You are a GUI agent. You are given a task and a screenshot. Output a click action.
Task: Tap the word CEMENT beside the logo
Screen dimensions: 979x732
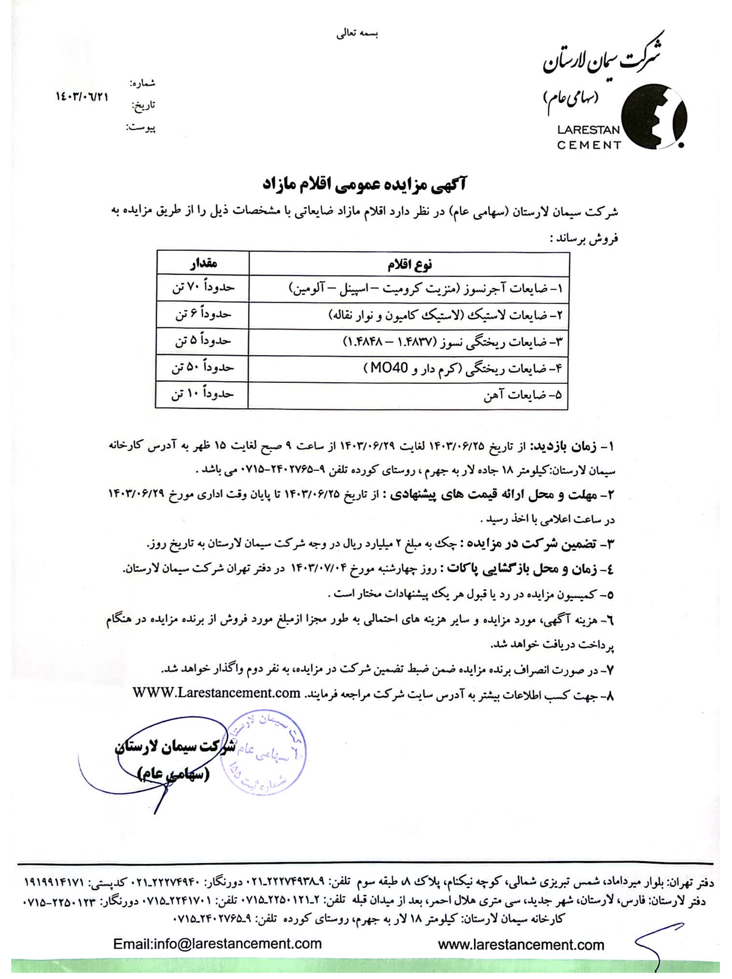pyautogui.click(x=589, y=145)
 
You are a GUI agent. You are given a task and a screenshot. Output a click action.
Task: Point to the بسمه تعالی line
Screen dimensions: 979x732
pyautogui.click(x=357, y=34)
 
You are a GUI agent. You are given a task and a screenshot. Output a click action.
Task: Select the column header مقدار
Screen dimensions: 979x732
pyautogui.click(x=203, y=264)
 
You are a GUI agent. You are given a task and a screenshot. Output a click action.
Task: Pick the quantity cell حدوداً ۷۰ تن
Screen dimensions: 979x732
pyautogui.click(x=203, y=288)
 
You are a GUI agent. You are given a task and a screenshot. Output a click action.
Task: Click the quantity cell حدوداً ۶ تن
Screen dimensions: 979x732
pyautogui.click(x=203, y=314)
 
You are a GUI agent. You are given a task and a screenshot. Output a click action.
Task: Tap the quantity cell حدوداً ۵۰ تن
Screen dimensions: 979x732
pyautogui.click(x=203, y=367)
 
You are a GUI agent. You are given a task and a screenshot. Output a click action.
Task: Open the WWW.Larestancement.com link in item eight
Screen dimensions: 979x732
pyautogui.click(x=216, y=694)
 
